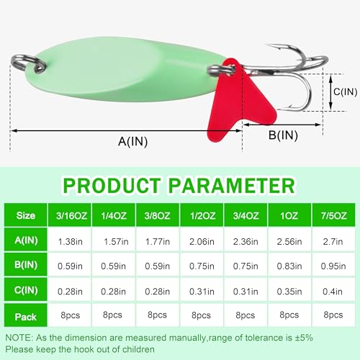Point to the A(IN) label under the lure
click(x=132, y=141)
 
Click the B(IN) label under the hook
click(x=283, y=135)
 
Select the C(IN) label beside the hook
click(x=345, y=92)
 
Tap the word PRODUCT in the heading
click(x=112, y=186)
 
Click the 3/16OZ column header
click(x=71, y=216)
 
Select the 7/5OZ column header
click(x=334, y=216)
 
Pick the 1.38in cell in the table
click(x=70, y=241)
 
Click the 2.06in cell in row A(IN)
click(x=202, y=241)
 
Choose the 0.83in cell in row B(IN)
click(x=289, y=266)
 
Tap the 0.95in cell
click(x=333, y=266)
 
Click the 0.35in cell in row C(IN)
click(x=289, y=292)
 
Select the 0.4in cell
click(x=333, y=292)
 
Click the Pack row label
click(x=25, y=317)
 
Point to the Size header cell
click(x=26, y=215)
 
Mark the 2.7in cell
click(x=333, y=241)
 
